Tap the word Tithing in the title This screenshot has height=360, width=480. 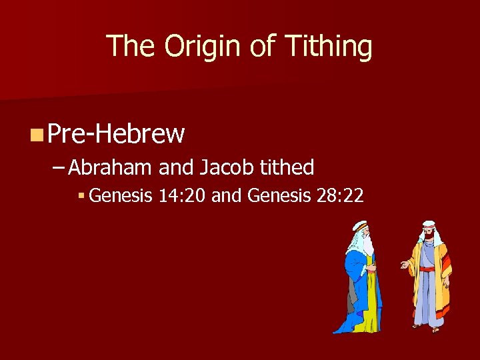coord(328,46)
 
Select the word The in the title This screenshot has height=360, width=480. coord(132,46)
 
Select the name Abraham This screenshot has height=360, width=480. coord(111,167)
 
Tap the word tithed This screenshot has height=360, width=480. coord(287,167)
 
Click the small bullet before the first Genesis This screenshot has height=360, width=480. coord(80,196)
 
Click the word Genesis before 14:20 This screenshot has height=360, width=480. coord(121,196)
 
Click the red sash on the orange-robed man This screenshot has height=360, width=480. coord(427,269)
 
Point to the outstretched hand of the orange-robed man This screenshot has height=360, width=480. coord(403,265)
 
